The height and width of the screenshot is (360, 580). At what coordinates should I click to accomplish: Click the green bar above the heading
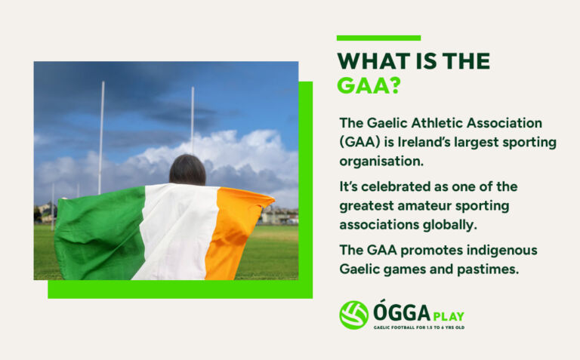coord(378,38)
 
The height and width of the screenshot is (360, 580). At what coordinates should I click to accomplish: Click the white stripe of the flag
coord(177,230)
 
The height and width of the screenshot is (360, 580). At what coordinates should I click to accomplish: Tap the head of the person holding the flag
coord(187,169)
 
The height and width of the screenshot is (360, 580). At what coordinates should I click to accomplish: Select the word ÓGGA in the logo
coord(402,312)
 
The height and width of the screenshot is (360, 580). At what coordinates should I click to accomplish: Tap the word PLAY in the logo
coord(449,315)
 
